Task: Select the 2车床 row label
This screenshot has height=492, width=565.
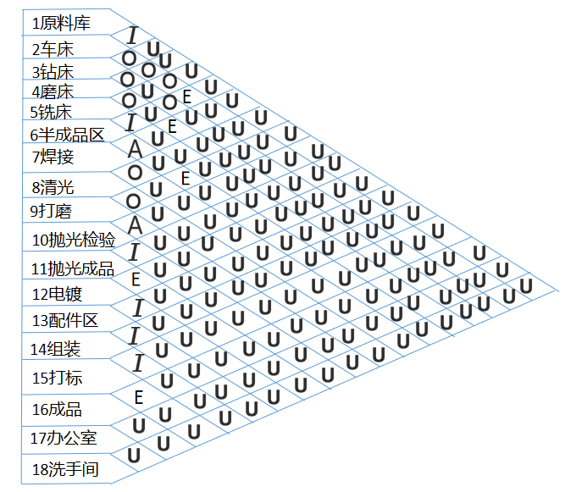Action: [53, 49]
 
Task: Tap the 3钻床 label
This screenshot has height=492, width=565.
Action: [53, 71]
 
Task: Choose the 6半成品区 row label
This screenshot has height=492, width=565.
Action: [67, 134]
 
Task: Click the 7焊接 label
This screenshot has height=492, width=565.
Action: [53, 157]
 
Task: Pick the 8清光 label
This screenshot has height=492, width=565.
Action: [53, 187]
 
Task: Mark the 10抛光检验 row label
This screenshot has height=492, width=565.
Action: [73, 240]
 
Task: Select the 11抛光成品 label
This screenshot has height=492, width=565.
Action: [73, 269]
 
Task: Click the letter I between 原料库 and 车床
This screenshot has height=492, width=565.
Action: [131, 36]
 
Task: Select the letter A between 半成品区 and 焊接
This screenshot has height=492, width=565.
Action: [135, 149]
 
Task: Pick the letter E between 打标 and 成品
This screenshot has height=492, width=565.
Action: [139, 395]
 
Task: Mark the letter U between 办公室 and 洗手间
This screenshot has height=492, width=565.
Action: [134, 455]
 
